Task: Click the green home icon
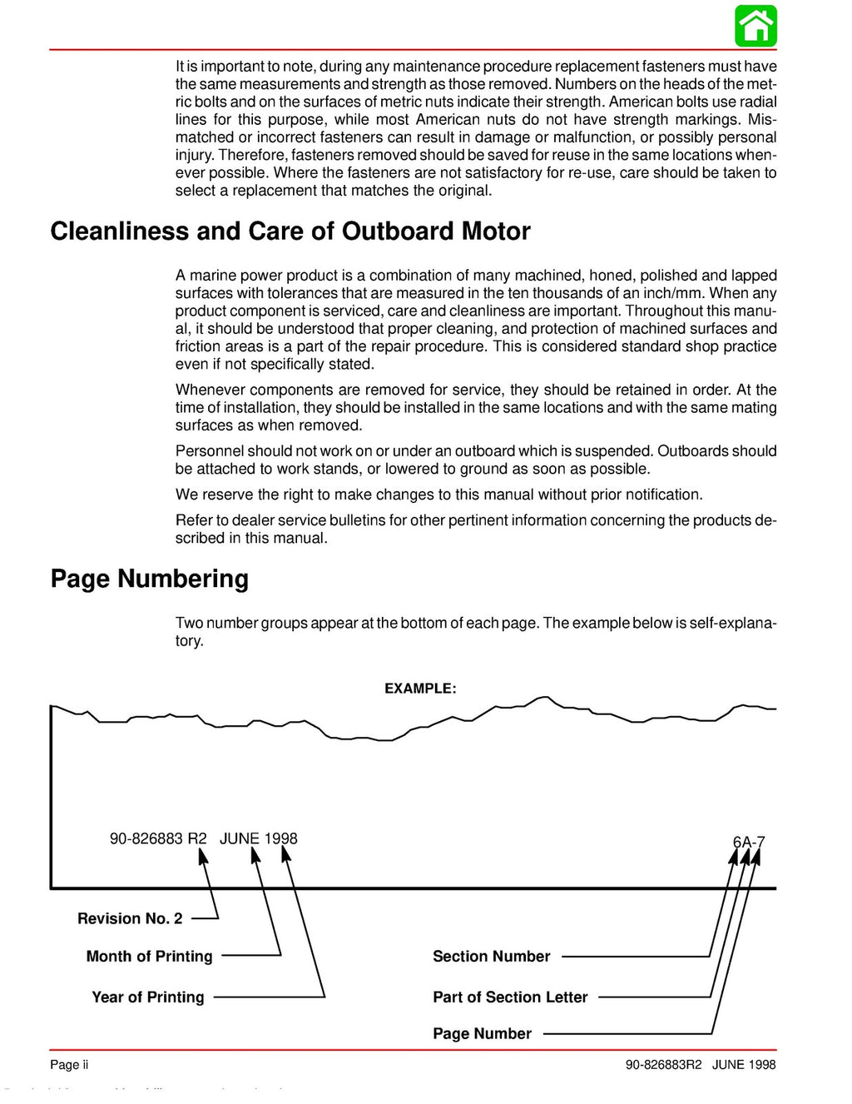click(x=755, y=26)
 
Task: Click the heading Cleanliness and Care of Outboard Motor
click(x=290, y=231)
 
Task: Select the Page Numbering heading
click(x=149, y=579)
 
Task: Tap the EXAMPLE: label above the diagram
click(x=420, y=689)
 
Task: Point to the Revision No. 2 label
click(x=130, y=918)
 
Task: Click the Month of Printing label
click(x=149, y=957)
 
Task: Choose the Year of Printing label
click(x=147, y=997)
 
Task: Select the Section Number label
click(x=491, y=957)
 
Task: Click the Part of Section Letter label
click(x=510, y=997)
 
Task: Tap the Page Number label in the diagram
click(x=482, y=1034)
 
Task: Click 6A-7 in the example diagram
click(x=748, y=842)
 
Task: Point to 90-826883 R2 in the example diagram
click(x=158, y=838)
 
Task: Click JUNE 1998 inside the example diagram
click(x=258, y=838)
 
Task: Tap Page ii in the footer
click(x=69, y=1065)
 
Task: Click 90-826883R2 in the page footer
click(x=664, y=1065)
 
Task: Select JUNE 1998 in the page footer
click(x=744, y=1065)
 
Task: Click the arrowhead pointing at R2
click(x=202, y=855)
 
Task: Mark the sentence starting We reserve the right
click(x=438, y=495)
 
